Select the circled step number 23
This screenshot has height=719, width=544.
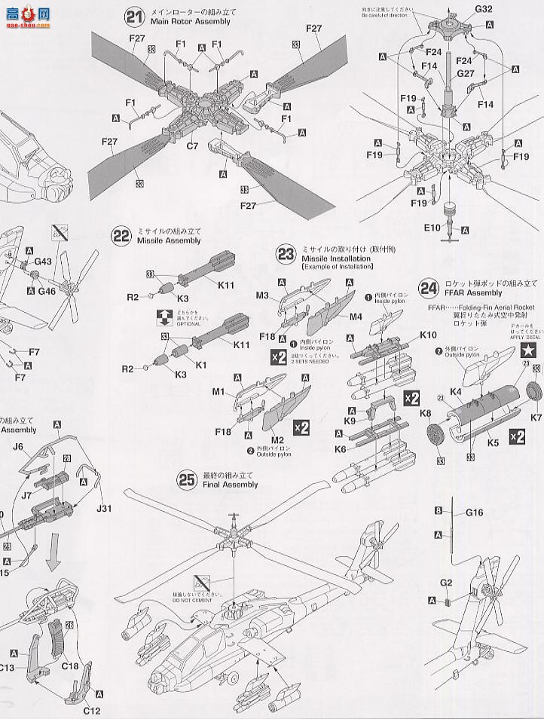tap(286, 254)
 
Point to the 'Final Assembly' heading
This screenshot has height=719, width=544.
tap(230, 485)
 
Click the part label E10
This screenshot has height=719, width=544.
tap(431, 227)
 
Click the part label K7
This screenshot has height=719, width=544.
tap(536, 416)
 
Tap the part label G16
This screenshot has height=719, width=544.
tap(474, 512)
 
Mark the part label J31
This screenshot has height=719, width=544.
tap(104, 508)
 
